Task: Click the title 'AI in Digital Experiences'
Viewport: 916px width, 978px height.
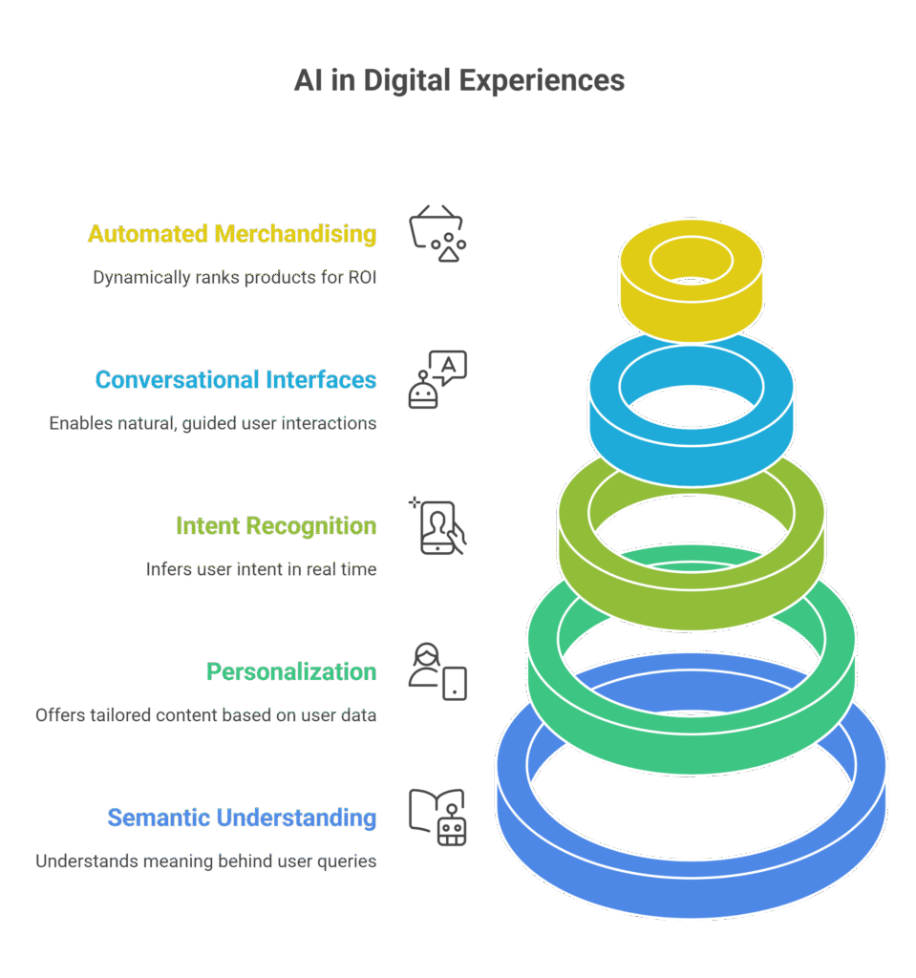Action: click(x=458, y=80)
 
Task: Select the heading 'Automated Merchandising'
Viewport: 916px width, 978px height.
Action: click(x=232, y=234)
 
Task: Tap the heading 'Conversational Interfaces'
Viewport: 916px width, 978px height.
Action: click(x=236, y=380)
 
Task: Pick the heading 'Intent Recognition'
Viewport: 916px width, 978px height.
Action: click(x=276, y=526)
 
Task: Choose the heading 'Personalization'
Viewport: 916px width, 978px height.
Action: click(x=291, y=671)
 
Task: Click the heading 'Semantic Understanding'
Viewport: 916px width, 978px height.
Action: click(x=242, y=818)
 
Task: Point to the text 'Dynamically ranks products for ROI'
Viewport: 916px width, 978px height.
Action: click(x=234, y=278)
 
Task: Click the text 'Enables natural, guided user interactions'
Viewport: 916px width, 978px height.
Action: click(x=213, y=423)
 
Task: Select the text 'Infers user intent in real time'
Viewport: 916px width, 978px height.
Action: click(x=261, y=569)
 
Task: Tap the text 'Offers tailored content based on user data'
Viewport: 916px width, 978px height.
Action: click(x=205, y=714)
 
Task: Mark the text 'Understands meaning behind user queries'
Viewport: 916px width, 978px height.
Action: click(x=205, y=861)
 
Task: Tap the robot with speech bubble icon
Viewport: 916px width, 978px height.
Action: click(x=437, y=380)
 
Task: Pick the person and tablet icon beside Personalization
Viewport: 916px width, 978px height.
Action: click(x=437, y=671)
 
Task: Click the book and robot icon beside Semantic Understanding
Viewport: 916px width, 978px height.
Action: click(x=437, y=818)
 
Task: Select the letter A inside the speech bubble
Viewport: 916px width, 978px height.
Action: click(x=450, y=363)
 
